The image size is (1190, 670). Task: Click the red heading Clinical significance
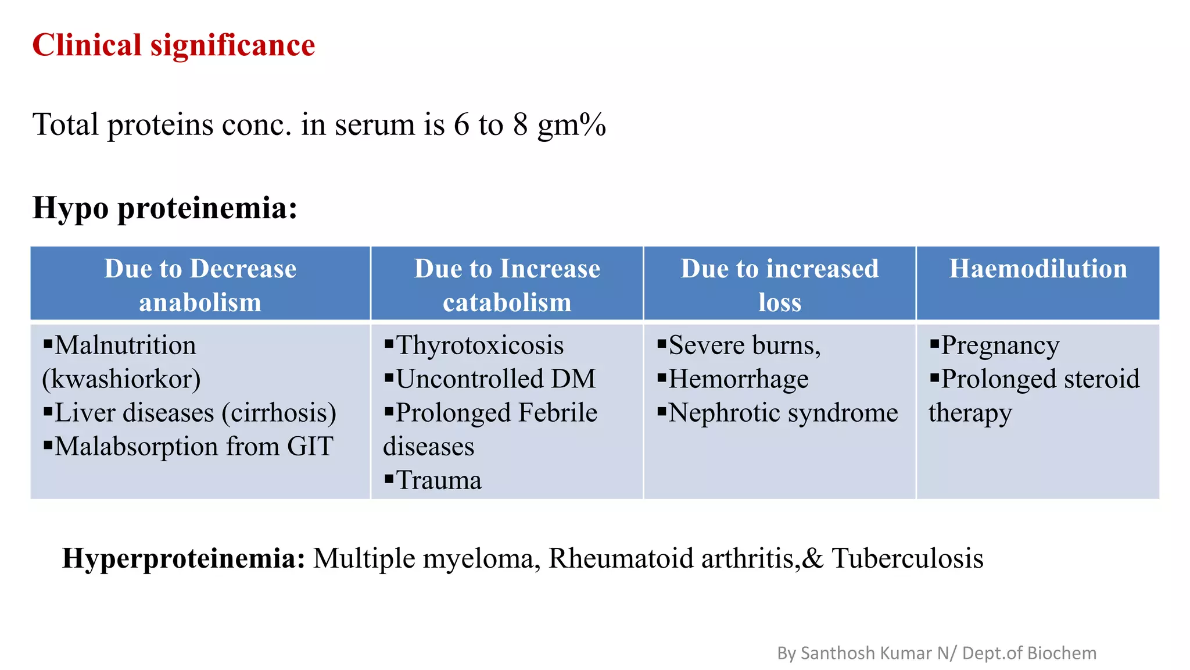coord(173,45)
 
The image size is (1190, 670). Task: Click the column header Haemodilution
coord(1038,269)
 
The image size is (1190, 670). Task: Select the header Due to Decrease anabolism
coord(200,285)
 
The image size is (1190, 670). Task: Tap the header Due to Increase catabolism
coord(507,285)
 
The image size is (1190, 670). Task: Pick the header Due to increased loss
coord(779,285)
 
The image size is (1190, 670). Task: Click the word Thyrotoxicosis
coord(479,345)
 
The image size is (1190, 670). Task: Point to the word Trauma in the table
coord(439,481)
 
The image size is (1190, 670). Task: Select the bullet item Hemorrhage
coord(738,379)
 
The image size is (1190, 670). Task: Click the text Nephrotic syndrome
coord(783,413)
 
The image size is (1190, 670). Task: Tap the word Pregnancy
coord(1000,345)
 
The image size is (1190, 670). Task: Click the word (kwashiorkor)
coord(121,379)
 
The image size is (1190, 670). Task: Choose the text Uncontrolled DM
coord(496,379)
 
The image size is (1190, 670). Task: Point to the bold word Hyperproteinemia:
coord(184,558)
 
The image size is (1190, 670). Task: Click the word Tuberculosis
coord(907,558)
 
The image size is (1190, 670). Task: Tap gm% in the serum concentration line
coord(571,125)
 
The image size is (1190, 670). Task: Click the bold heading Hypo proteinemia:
coord(165,208)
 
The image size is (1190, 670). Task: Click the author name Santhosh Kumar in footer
coord(866,653)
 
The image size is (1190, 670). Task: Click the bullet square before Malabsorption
coord(48,446)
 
